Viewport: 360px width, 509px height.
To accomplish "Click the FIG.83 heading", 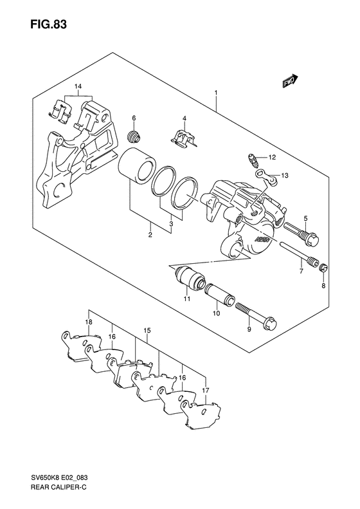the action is (x=49, y=24).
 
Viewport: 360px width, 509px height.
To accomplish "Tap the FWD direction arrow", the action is (x=290, y=81).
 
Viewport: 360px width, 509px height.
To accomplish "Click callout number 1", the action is (x=215, y=93).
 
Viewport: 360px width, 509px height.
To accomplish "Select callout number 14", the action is (x=78, y=87).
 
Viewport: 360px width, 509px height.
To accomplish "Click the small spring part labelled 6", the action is (x=133, y=136).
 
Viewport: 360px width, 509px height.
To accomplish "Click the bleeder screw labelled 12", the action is (x=253, y=160).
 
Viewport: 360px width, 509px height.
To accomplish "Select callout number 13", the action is (x=284, y=176).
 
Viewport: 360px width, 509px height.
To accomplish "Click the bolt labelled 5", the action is (x=301, y=234).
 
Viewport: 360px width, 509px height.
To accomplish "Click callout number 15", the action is (x=147, y=331).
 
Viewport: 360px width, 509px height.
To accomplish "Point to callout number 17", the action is (x=206, y=391).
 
